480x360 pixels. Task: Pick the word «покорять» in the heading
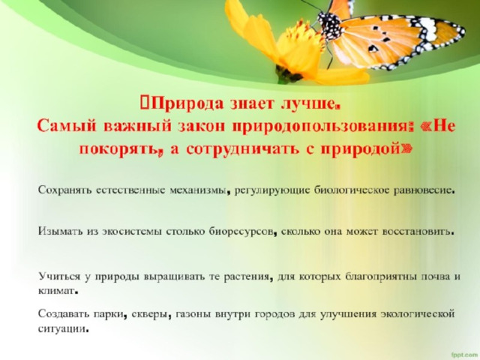click(118, 150)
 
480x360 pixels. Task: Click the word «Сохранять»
click(65, 190)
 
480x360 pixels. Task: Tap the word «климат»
click(56, 290)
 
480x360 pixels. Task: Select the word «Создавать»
click(63, 314)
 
